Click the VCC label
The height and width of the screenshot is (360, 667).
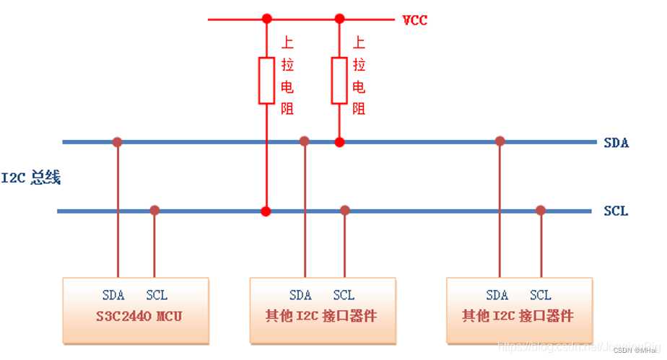click(x=414, y=20)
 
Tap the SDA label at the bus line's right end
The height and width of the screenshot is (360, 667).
click(x=616, y=143)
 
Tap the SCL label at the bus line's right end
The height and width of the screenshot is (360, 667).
click(x=616, y=211)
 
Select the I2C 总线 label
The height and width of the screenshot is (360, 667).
click(x=30, y=177)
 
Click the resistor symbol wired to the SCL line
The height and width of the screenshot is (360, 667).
click(x=266, y=80)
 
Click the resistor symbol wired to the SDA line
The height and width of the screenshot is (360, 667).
click(x=339, y=80)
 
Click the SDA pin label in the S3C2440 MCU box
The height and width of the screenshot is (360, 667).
click(x=113, y=295)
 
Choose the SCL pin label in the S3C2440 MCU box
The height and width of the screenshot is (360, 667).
click(x=157, y=295)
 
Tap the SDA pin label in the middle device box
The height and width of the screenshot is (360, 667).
click(x=300, y=295)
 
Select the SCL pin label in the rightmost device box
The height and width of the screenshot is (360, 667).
click(x=540, y=295)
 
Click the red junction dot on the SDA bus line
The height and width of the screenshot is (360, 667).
click(x=339, y=142)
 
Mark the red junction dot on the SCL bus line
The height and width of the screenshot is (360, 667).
click(x=266, y=211)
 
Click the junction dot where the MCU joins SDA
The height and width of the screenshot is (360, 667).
click(x=117, y=142)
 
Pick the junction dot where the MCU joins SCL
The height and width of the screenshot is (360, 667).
click(x=154, y=211)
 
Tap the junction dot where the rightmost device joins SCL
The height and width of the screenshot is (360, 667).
click(x=540, y=211)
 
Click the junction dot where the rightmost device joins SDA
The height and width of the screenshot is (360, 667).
click(x=500, y=141)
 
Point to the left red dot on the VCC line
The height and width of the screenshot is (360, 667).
click(x=266, y=19)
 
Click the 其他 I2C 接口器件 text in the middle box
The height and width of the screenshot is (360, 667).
click(x=323, y=317)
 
